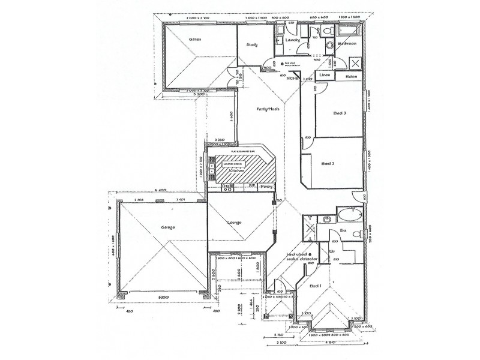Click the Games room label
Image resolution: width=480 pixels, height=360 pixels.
click(194, 39)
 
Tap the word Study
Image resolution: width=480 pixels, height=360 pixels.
click(252, 44)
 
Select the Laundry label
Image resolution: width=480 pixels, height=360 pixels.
click(293, 40)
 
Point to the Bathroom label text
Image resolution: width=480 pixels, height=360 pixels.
click(348, 44)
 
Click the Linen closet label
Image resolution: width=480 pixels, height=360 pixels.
click(325, 75)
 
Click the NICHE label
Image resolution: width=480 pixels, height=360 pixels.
click(292, 78)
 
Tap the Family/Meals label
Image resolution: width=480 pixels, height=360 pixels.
click(268, 109)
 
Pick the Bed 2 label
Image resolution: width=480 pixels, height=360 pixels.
click(328, 163)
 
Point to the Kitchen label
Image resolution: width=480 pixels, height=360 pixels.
click(237, 171)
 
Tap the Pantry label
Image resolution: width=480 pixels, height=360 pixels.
click(267, 187)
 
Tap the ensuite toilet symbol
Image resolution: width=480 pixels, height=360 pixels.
click(356, 234)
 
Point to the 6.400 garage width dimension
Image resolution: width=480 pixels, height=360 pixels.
click(160, 191)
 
